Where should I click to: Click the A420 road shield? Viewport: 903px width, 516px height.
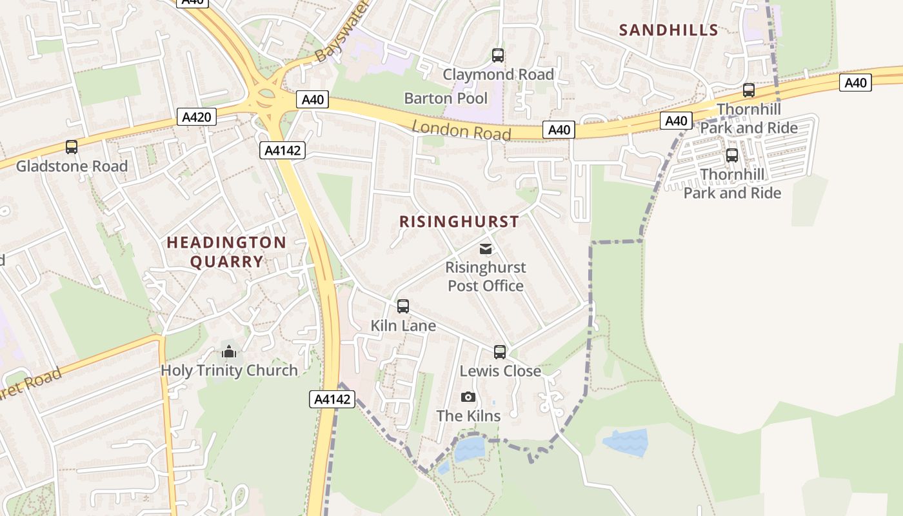pos(197,117)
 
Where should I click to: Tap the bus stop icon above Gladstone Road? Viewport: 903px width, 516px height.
pos(72,147)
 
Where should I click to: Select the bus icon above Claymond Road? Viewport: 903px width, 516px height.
pos(497,55)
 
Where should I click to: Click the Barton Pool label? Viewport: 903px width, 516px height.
pos(446,98)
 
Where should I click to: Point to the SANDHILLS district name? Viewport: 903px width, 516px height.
pos(668,30)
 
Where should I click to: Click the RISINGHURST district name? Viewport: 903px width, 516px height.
pos(459,221)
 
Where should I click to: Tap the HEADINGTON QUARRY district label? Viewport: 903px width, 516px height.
pos(226,252)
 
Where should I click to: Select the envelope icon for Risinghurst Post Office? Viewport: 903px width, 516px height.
pos(486,249)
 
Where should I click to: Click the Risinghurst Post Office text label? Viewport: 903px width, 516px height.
pos(486,276)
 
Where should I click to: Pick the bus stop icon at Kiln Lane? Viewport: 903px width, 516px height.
pos(403,306)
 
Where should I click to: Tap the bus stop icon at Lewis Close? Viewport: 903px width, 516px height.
pos(500,352)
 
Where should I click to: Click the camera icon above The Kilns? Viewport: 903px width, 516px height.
pos(468,397)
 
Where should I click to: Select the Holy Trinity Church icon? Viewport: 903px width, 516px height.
pos(229,352)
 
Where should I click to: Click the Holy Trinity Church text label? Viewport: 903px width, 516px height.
pos(229,370)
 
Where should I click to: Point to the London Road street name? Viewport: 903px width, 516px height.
pos(461,130)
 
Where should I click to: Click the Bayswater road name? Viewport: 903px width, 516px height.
pos(341,32)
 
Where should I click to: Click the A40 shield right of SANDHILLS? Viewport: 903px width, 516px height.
pos(855,83)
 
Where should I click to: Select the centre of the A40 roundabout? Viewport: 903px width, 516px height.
pos(266,99)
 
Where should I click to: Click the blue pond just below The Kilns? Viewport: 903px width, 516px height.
pos(469,449)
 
